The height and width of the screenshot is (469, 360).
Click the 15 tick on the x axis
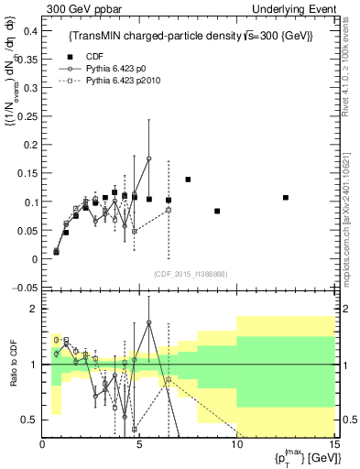pos(334,446)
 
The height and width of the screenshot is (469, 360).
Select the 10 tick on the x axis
pos(237,446)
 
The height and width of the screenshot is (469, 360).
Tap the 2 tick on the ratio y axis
pos(34,309)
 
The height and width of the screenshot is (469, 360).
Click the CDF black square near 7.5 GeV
pos(188,180)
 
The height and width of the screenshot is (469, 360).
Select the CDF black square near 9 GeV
pos(217,211)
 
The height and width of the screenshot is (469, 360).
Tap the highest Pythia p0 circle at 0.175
pos(148,158)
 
